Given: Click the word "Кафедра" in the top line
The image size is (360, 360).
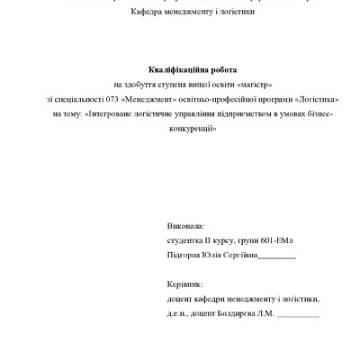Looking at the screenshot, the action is (150, 12).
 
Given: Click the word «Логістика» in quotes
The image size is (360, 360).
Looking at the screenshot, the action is (317, 100).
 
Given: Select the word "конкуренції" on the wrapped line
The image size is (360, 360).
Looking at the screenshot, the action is (193, 130).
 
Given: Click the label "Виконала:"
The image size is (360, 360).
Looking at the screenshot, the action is (185, 226).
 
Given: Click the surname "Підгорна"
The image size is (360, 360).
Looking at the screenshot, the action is (186, 255).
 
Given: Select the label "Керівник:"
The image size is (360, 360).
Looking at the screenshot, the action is (185, 283).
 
